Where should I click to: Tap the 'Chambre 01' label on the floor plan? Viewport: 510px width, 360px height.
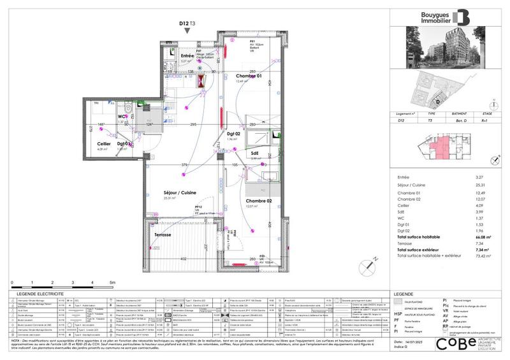tap(251, 75)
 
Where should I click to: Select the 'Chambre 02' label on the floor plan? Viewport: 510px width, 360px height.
tap(260, 201)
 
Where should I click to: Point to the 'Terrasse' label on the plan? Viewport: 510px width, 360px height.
tap(163, 235)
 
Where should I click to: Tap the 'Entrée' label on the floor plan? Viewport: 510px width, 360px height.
tap(187, 56)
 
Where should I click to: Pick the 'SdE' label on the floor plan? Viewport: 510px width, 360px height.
tap(254, 153)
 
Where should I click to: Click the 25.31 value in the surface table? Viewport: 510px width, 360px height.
tap(489, 187)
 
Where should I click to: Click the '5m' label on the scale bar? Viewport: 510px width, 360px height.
tap(112, 282)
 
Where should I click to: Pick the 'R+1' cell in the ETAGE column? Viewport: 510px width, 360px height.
tap(488, 119)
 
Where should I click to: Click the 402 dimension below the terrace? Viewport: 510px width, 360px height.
tap(182, 259)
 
